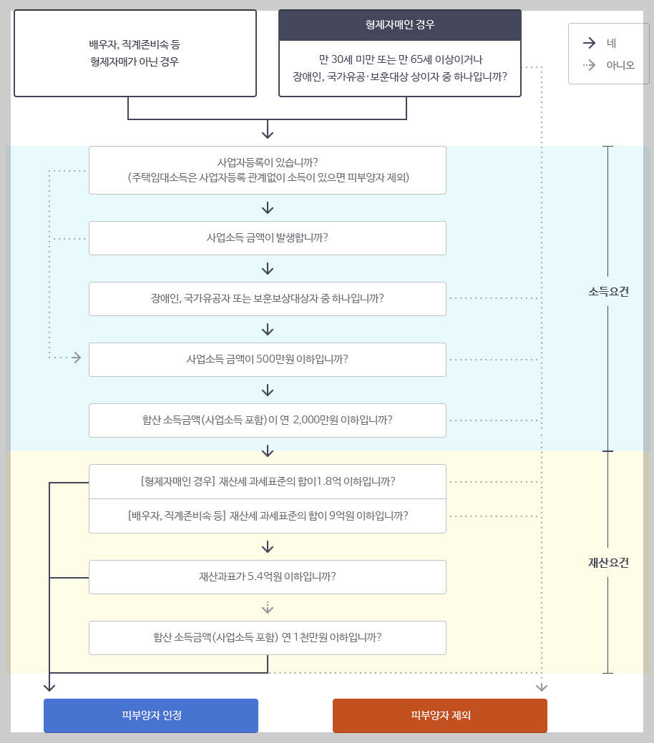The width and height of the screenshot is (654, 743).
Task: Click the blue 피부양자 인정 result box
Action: point(151,715)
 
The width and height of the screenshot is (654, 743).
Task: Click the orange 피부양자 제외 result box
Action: point(439,715)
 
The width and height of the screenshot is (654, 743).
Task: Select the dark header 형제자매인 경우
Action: point(399,24)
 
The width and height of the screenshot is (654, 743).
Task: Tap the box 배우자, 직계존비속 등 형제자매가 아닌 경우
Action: point(135,53)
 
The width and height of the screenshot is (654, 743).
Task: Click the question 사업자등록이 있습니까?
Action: point(267,169)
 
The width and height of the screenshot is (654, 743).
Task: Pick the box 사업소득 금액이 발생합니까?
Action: point(267,237)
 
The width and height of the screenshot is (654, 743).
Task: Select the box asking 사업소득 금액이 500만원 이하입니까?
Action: point(267,359)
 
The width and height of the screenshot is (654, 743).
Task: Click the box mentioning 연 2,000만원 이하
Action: point(267,420)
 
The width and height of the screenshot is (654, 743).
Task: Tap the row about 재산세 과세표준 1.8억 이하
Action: point(267,481)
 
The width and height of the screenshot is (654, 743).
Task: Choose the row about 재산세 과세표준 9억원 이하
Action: point(267,515)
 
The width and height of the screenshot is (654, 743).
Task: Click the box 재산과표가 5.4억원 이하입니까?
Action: point(267,576)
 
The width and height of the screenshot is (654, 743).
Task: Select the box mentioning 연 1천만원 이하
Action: point(267,637)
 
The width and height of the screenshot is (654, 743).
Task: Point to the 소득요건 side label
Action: point(608,292)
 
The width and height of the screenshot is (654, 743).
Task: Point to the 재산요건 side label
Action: point(608,562)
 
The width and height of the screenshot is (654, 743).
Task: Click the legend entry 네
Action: point(610,43)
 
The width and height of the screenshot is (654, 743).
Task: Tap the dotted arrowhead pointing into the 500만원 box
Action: point(77,358)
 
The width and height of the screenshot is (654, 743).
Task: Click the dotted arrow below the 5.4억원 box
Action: point(268,608)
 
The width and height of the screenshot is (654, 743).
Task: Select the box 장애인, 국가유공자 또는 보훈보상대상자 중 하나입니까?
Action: point(267,298)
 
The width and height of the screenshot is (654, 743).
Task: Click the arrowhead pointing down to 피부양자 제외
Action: point(542,687)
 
